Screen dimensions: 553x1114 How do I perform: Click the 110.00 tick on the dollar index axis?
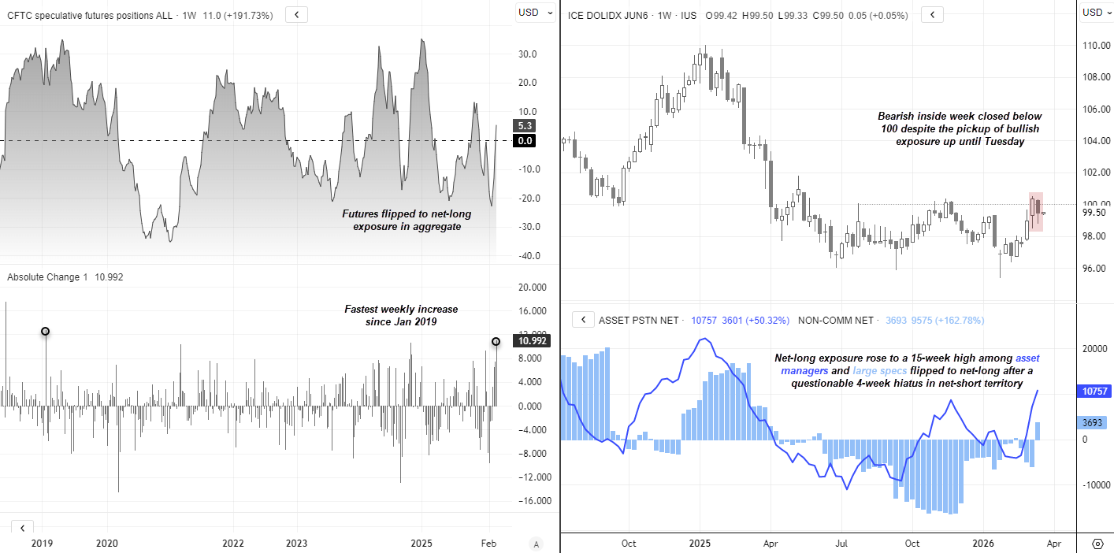tap(1094, 46)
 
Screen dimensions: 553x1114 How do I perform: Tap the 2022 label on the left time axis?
tap(233, 543)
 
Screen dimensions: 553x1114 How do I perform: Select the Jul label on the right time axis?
tap(841, 543)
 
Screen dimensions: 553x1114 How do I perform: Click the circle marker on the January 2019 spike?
tap(45, 332)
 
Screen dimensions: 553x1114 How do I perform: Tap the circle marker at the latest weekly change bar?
tap(496, 341)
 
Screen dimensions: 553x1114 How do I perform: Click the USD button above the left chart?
tap(528, 13)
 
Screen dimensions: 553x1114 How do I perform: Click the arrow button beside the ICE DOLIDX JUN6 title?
tap(932, 14)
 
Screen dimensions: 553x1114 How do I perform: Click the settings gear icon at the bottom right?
tap(1097, 544)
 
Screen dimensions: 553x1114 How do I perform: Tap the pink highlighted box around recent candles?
tap(1036, 211)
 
